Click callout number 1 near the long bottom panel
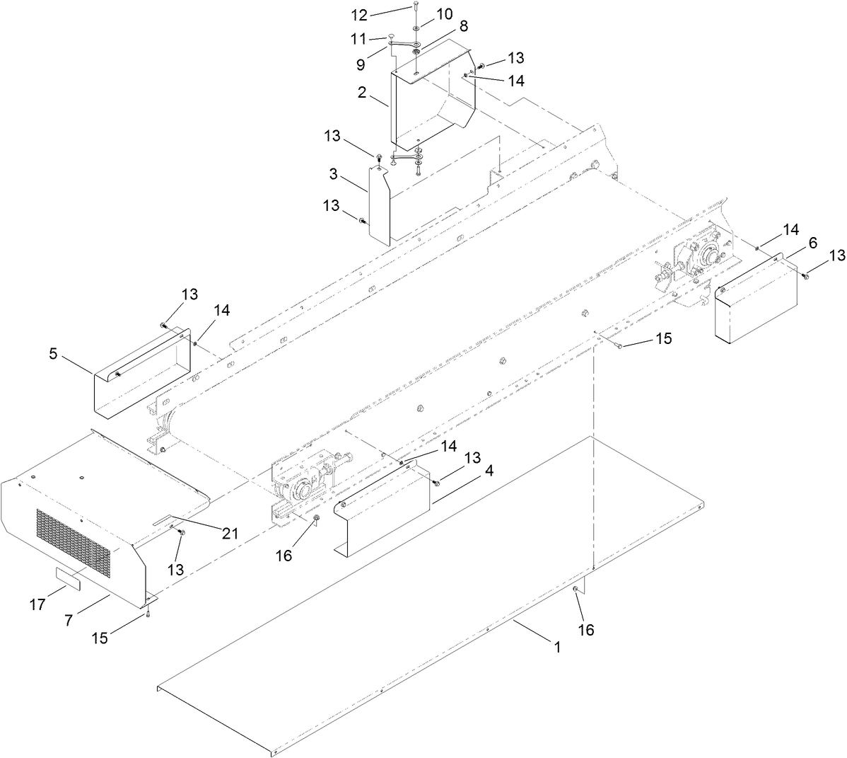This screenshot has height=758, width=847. (556, 647)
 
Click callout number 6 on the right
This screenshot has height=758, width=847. (812, 243)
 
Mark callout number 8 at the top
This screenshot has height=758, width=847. (463, 25)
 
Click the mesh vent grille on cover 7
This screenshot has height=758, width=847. (74, 541)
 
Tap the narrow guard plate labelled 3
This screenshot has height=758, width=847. (379, 205)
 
